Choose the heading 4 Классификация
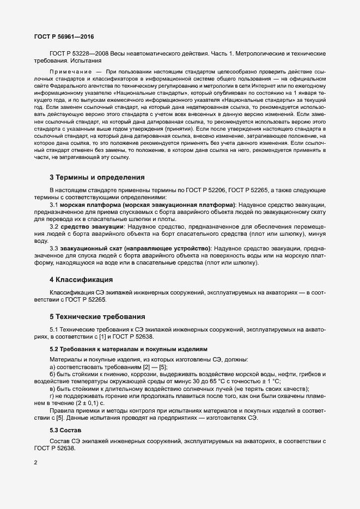click(81, 279)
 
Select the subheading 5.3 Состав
click(69, 415)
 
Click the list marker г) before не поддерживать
click(52, 396)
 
